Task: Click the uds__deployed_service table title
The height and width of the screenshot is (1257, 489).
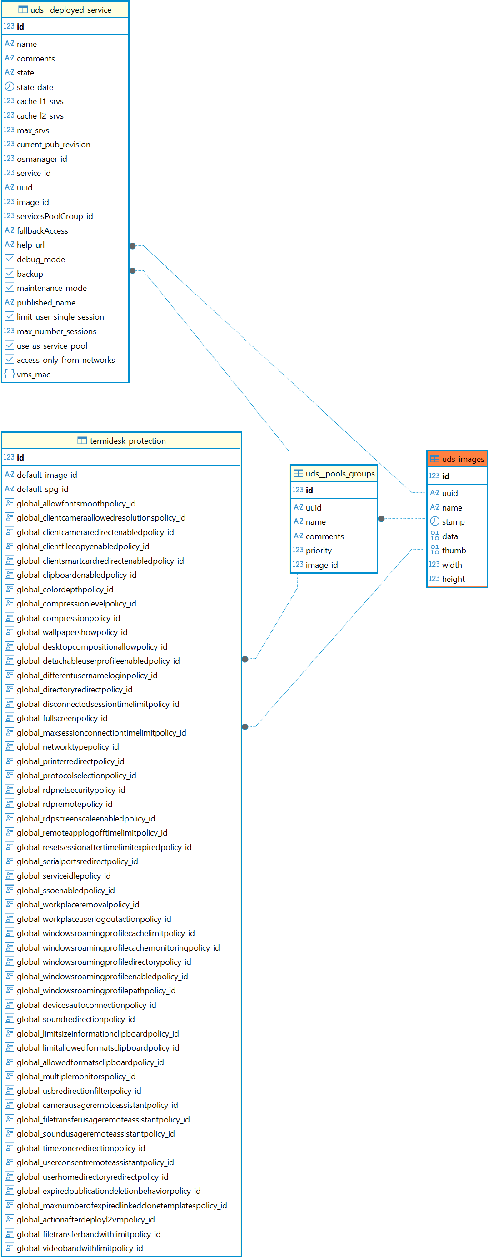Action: [70, 10]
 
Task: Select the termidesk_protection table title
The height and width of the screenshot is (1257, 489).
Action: [127, 441]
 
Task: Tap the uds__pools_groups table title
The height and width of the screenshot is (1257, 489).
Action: [339, 473]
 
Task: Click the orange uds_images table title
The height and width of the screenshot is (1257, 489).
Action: [463, 459]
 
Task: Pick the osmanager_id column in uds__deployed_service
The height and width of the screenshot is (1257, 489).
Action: [42, 159]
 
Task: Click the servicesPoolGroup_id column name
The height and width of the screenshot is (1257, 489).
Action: [55, 216]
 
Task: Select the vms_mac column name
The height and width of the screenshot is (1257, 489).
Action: [33, 375]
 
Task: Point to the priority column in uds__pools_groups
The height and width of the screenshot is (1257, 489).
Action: [319, 551]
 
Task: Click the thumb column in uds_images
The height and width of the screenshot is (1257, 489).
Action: [454, 551]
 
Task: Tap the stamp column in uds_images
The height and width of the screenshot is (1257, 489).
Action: [453, 521]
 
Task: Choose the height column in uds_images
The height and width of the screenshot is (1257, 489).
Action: [454, 579]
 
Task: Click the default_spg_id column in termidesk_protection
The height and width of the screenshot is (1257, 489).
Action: [42, 489]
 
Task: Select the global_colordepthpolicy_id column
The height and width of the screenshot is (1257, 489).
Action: [65, 590]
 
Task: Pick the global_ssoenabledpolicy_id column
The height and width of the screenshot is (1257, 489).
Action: [66, 891]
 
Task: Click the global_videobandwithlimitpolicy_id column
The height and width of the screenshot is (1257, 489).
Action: [80, 1248]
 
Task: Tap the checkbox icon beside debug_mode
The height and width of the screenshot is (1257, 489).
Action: [9, 259]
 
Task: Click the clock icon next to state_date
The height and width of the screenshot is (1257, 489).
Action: [9, 87]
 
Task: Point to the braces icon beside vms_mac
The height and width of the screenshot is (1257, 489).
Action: [9, 374]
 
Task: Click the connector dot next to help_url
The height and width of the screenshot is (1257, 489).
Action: [132, 246]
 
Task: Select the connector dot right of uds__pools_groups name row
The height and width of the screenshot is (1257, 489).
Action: [382, 519]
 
